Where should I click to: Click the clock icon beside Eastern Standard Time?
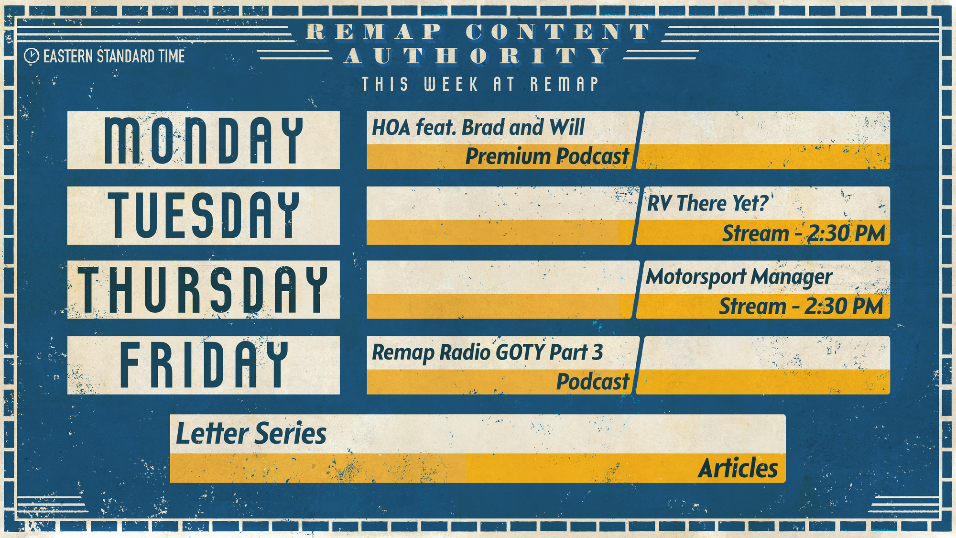pyautogui.click(x=31, y=56)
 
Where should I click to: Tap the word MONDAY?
pyautogui.click(x=204, y=141)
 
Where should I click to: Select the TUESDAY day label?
pyautogui.click(x=204, y=215)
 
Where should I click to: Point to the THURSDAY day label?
pyautogui.click(x=203, y=290)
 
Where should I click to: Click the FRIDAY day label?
pyautogui.click(x=204, y=364)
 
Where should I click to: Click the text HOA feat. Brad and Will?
pyautogui.click(x=478, y=128)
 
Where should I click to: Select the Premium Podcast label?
pyautogui.click(x=547, y=156)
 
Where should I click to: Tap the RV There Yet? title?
pyautogui.click(x=707, y=203)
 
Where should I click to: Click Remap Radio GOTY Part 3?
pyautogui.click(x=487, y=353)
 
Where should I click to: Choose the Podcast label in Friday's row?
pyautogui.click(x=593, y=382)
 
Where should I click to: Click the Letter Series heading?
pyautogui.click(x=251, y=434)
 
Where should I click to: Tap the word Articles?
pyautogui.click(x=738, y=468)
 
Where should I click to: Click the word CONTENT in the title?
pyautogui.click(x=558, y=32)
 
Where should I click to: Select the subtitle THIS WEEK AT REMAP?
pyautogui.click(x=480, y=84)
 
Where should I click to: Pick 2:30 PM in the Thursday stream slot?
pyautogui.click(x=844, y=307)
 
